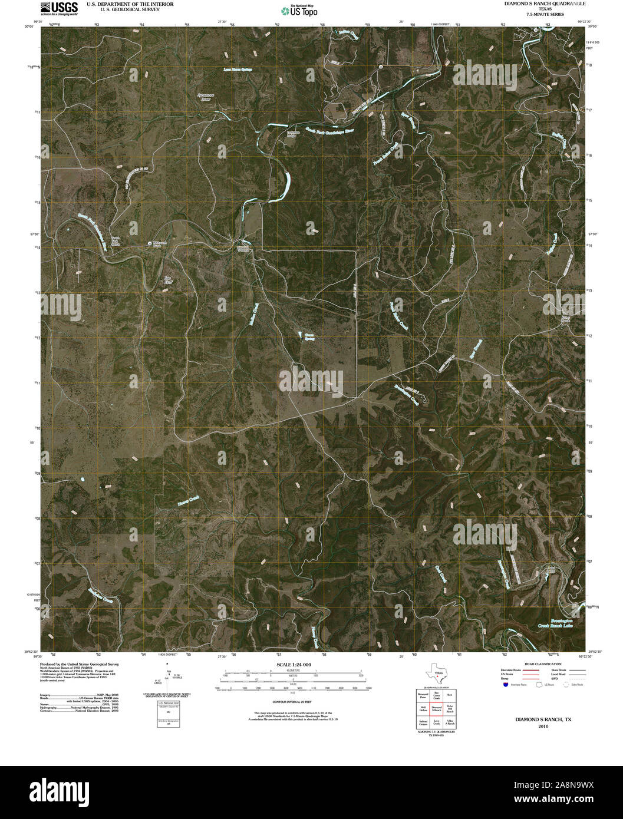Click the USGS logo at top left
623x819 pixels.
click(x=59, y=7)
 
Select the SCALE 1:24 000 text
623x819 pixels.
click(x=294, y=665)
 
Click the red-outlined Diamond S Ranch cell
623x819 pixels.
click(x=436, y=709)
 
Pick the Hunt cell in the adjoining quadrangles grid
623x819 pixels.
click(x=449, y=695)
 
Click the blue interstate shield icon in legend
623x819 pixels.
click(x=505, y=685)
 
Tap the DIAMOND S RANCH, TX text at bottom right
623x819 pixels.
click(x=543, y=719)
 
